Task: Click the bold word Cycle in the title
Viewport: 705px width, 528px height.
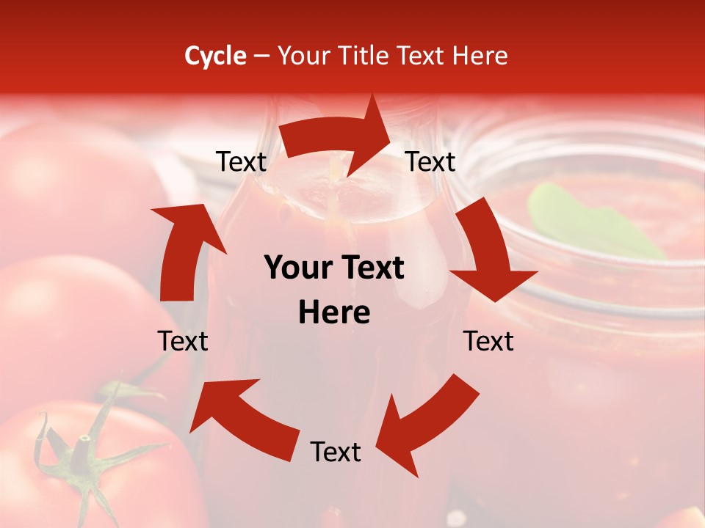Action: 215,56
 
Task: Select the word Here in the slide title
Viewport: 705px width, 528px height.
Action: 480,56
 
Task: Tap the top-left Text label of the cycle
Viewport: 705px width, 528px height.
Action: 241,162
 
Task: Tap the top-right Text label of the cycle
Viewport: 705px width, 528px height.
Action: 430,161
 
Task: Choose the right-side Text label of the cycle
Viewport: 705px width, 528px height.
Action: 488,341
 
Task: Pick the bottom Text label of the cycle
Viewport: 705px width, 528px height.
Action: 336,452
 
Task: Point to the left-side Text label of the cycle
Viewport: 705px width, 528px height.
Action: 183,341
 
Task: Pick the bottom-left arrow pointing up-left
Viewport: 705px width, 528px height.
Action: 242,414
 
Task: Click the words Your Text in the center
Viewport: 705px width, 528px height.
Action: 334,268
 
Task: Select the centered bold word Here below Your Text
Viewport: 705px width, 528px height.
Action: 334,313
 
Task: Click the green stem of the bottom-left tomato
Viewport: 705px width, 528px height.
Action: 81,455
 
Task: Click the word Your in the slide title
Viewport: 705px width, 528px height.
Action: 303,56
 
